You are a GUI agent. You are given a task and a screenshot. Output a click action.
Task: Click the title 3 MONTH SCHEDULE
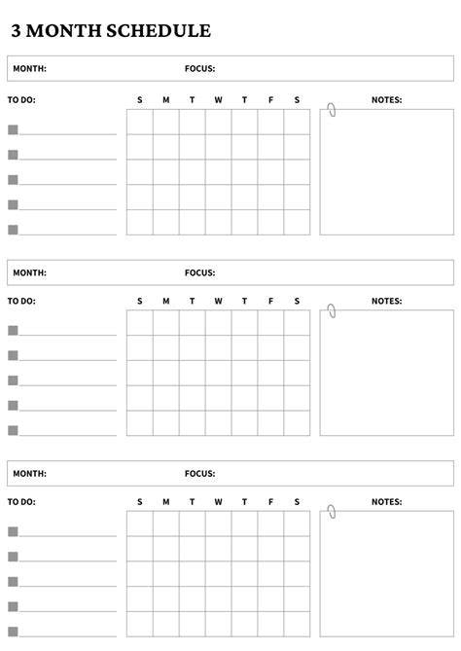111,31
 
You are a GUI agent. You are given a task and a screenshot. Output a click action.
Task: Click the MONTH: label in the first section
29,69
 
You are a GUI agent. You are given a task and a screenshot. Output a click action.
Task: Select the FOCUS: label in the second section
199,272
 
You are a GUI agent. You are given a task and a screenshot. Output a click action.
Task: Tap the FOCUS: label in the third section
199,474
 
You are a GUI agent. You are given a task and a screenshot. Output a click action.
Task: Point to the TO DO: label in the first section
21,100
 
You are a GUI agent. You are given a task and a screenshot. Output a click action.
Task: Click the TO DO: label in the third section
21,502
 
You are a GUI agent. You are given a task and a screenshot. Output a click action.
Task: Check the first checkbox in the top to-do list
13,129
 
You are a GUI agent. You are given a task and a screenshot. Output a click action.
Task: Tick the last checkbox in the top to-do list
13,230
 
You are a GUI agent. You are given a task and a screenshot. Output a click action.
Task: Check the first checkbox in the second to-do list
13,330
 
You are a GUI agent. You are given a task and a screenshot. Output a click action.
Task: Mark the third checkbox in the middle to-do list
13,380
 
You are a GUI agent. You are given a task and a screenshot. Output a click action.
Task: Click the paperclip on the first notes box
332,109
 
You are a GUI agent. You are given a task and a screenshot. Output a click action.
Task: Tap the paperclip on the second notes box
332,310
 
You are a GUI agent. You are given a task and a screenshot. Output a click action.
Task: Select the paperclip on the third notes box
332,512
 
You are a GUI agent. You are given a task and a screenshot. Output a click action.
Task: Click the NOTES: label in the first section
386,100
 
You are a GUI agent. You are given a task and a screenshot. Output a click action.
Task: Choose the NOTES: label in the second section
386,302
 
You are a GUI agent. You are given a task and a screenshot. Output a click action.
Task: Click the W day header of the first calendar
218,100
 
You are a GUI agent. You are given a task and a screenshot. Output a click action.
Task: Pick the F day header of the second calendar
270,302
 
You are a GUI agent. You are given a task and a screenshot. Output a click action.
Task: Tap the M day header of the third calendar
165,502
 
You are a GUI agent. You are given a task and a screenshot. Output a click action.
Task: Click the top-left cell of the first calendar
139,122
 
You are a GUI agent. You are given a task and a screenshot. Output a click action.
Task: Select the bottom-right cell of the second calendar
297,423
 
